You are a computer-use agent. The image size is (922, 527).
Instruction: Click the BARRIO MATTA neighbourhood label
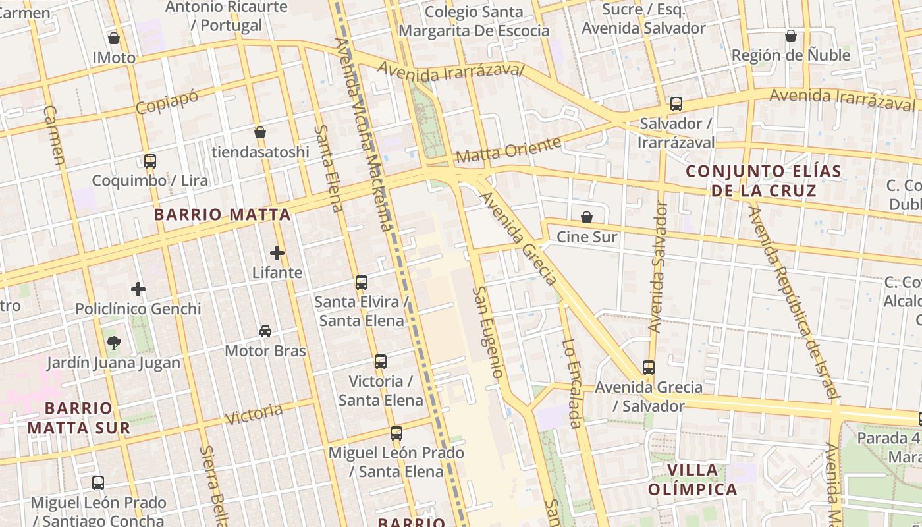(222, 214)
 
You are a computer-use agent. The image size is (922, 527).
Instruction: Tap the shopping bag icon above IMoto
(114, 38)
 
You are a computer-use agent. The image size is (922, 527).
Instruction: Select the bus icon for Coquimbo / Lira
(150, 161)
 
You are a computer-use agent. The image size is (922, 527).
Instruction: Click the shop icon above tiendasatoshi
(260, 132)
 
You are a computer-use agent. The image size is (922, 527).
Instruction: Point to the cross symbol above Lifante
(277, 252)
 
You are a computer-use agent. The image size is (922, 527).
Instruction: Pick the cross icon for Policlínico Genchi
(138, 289)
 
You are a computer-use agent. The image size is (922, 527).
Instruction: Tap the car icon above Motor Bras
(265, 331)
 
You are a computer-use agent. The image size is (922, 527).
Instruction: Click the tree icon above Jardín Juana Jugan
(114, 343)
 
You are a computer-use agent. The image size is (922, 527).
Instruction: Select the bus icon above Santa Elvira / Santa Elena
(362, 282)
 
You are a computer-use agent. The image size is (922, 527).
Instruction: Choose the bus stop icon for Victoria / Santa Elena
(381, 361)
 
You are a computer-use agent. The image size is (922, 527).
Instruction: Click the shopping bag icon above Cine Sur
(587, 217)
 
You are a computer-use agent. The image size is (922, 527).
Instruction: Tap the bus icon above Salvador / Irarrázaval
(676, 103)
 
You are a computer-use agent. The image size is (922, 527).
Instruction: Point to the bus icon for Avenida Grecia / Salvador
(649, 367)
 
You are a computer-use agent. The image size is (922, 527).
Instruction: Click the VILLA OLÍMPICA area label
(692, 480)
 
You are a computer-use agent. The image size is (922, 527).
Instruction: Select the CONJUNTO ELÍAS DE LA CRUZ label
(763, 181)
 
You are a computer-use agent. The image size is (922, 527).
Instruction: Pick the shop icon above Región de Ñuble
(791, 36)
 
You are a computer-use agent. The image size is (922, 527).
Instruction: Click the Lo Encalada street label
(572, 383)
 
